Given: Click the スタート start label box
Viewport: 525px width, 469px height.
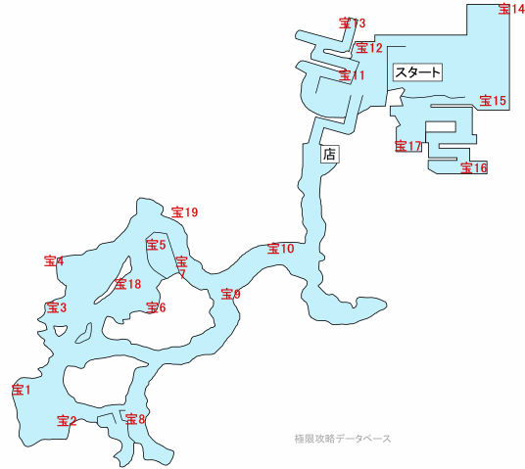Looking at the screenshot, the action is (417, 72).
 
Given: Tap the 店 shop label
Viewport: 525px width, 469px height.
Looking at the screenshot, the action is (330, 155).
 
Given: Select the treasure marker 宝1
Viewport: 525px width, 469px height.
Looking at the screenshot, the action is (22, 390).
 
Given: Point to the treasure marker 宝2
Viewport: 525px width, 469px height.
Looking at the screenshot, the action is (67, 421).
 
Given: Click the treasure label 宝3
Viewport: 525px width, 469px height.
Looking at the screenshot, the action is (57, 307).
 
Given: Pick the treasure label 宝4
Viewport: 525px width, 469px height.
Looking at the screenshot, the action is (54, 261).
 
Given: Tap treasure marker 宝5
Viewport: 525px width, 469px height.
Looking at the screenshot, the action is (156, 245).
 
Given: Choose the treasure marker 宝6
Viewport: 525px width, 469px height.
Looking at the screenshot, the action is (156, 307).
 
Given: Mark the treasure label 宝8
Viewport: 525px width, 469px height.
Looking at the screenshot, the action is (135, 419).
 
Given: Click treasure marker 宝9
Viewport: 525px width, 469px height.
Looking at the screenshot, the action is (231, 295).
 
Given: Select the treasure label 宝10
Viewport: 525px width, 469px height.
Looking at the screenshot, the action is (280, 249).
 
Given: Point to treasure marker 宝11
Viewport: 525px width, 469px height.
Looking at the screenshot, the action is (352, 75).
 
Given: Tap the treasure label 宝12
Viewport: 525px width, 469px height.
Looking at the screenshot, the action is (369, 48).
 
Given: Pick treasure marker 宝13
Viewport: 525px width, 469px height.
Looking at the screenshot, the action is (352, 23).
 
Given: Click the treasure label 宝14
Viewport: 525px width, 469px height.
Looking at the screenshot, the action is (511, 9).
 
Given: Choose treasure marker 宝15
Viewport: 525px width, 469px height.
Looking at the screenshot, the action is (493, 101).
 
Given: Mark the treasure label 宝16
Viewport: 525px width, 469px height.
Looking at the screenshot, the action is (474, 167).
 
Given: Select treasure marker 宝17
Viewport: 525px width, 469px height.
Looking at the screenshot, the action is (407, 146).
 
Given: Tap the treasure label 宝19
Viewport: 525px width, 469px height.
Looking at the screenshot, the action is (184, 212).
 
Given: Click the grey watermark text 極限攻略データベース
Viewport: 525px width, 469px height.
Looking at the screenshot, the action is (343, 439).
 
